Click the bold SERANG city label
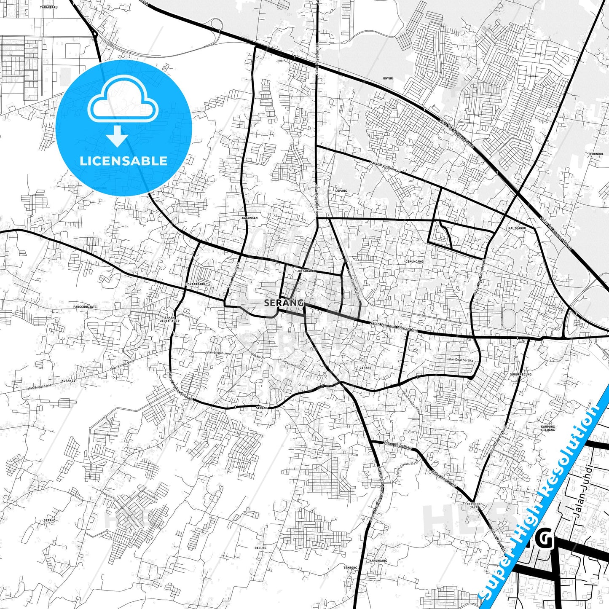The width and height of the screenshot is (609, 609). (284, 303)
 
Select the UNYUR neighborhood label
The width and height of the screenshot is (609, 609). (387, 78)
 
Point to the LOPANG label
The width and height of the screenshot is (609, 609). (341, 191)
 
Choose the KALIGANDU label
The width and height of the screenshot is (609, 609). (517, 228)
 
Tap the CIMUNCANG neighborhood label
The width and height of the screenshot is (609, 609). (414, 262)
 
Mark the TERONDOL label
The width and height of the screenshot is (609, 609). (598, 154)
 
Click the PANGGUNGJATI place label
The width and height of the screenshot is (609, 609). (85, 307)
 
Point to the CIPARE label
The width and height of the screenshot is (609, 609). (365, 368)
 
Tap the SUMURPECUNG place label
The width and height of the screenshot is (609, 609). (520, 374)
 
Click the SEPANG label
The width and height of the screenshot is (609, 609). (49, 520)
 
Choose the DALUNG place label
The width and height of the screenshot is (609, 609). (260, 548)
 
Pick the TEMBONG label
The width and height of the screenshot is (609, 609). (350, 568)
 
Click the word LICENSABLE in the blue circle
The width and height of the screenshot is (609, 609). (123, 161)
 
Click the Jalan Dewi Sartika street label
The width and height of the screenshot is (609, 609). (460, 360)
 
